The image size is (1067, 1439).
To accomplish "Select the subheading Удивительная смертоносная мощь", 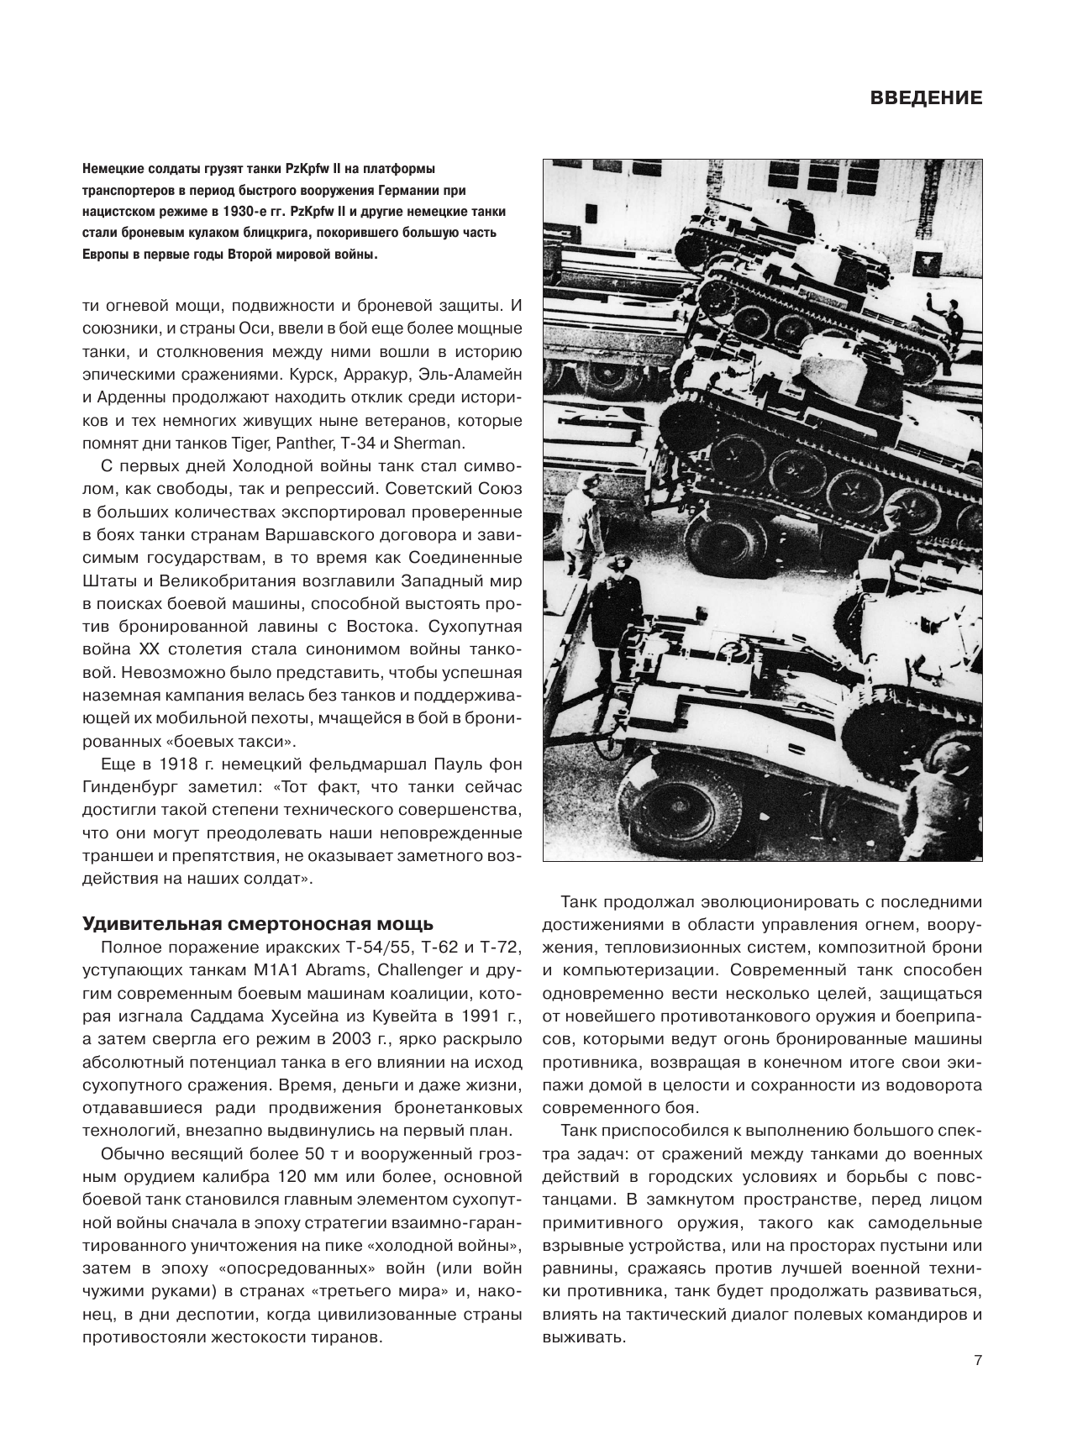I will [x=258, y=924].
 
